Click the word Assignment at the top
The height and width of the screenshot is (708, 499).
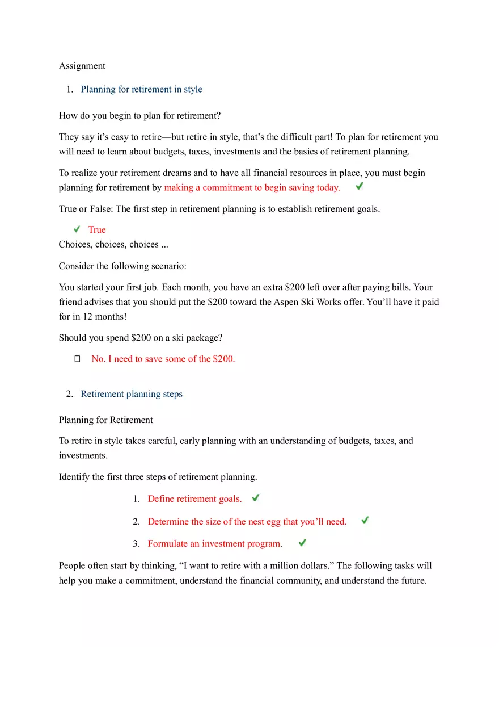(82, 66)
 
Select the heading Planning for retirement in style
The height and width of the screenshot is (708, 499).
(141, 89)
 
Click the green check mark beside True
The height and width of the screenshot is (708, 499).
(77, 229)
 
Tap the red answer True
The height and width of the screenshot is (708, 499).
(97, 229)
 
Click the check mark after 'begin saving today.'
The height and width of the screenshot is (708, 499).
(360, 186)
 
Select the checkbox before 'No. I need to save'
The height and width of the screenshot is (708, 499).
(78, 359)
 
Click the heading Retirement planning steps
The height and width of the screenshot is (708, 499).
(132, 394)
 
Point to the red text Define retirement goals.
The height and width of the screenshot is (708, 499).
(194, 499)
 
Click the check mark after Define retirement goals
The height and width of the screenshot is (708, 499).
(256, 498)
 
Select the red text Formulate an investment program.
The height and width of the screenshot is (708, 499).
(215, 544)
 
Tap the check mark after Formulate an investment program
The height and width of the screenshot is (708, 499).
(302, 543)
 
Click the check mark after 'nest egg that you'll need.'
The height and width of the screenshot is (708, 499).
(365, 520)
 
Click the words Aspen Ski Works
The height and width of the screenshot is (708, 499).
(306, 302)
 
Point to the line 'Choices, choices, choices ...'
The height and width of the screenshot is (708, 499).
(113, 245)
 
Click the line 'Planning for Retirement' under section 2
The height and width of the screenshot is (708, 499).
(106, 420)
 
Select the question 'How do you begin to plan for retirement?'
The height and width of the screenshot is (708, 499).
(139, 116)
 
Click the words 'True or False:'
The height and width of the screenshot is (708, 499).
(86, 209)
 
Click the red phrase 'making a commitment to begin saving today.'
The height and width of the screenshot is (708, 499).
(252, 188)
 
